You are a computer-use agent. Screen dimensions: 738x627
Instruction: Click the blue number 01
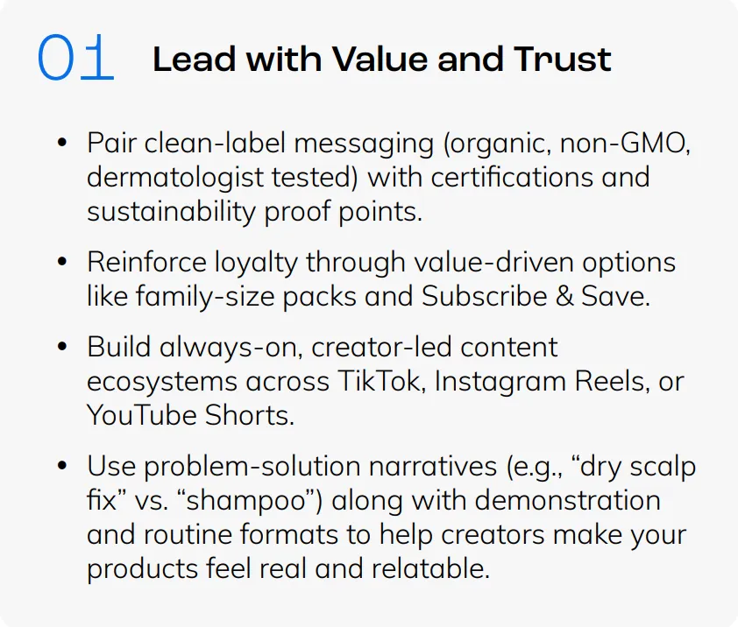click(75, 57)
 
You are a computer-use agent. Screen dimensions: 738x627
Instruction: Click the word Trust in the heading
click(563, 60)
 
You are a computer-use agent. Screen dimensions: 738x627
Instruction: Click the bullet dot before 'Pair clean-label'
click(62, 142)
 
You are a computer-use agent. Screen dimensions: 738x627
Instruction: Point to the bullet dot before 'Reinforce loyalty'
click(62, 261)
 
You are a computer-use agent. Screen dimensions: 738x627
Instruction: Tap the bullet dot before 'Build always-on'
click(62, 346)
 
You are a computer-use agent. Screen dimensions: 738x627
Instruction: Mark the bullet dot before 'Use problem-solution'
click(62, 465)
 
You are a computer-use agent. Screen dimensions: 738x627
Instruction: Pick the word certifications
click(511, 177)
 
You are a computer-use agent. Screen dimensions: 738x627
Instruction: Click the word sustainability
click(171, 213)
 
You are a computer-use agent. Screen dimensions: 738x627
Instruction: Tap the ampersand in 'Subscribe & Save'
click(564, 296)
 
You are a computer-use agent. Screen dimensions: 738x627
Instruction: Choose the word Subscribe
click(484, 296)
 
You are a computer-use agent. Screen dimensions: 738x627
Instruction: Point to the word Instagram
click(500, 383)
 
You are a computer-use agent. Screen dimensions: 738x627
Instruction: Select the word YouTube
click(142, 416)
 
